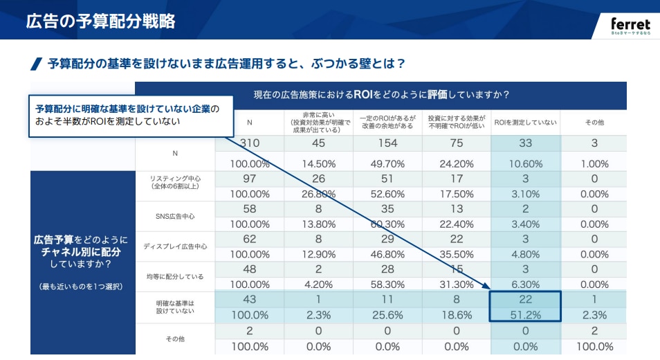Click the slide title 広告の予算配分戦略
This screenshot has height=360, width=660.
[x=100, y=21]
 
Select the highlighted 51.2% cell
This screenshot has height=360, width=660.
[x=525, y=314]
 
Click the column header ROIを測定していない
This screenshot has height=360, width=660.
[x=525, y=122]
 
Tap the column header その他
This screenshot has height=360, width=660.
[x=594, y=122]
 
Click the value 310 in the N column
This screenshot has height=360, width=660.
[x=249, y=143]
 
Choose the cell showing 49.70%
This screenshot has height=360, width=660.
[x=387, y=164]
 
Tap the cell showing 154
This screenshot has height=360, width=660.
[x=387, y=143]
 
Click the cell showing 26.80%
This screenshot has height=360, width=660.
[x=318, y=194]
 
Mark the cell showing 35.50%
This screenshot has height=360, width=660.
[x=456, y=254]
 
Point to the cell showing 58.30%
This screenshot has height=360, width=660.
[x=387, y=284]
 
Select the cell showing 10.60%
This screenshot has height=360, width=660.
[x=525, y=164]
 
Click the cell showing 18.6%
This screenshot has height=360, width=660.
[x=456, y=314]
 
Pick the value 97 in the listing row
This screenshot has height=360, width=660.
[x=249, y=179]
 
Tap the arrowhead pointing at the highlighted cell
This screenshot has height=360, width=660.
[x=485, y=286]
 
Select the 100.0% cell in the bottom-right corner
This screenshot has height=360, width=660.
[x=594, y=345]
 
